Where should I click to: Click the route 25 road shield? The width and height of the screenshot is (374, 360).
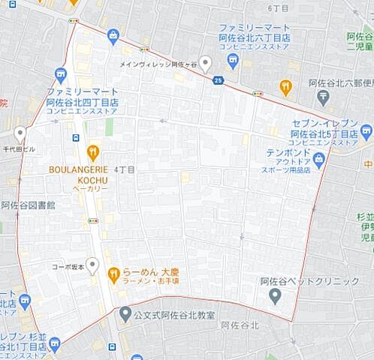(218, 80)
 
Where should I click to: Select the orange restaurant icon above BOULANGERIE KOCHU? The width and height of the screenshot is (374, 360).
(93, 154)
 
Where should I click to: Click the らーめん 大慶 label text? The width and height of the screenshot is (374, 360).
(146, 271)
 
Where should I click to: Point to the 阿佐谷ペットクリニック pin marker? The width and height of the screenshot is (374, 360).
(276, 295)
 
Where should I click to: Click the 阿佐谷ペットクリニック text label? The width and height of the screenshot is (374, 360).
(309, 281)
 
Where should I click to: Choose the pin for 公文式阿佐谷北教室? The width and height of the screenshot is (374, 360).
(124, 313)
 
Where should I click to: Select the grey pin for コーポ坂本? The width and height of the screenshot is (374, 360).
(92, 265)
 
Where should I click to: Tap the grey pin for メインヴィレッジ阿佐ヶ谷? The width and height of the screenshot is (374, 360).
(205, 64)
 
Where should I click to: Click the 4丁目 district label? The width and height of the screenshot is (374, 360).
(124, 170)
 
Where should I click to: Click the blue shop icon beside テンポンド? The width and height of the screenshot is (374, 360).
(318, 157)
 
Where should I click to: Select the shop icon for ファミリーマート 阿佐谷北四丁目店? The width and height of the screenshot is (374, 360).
(61, 74)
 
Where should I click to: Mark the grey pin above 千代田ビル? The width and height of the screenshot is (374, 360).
(20, 133)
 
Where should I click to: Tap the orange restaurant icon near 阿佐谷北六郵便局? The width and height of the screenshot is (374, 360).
(285, 88)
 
